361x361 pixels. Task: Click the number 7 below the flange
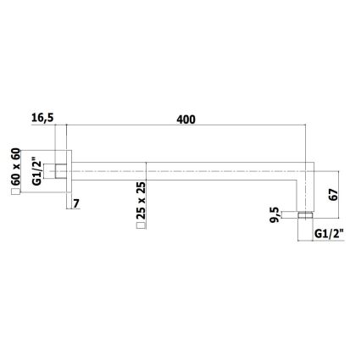point(77,204)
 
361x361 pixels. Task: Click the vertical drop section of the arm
point(305,191)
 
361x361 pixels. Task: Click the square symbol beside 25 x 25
point(142,226)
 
